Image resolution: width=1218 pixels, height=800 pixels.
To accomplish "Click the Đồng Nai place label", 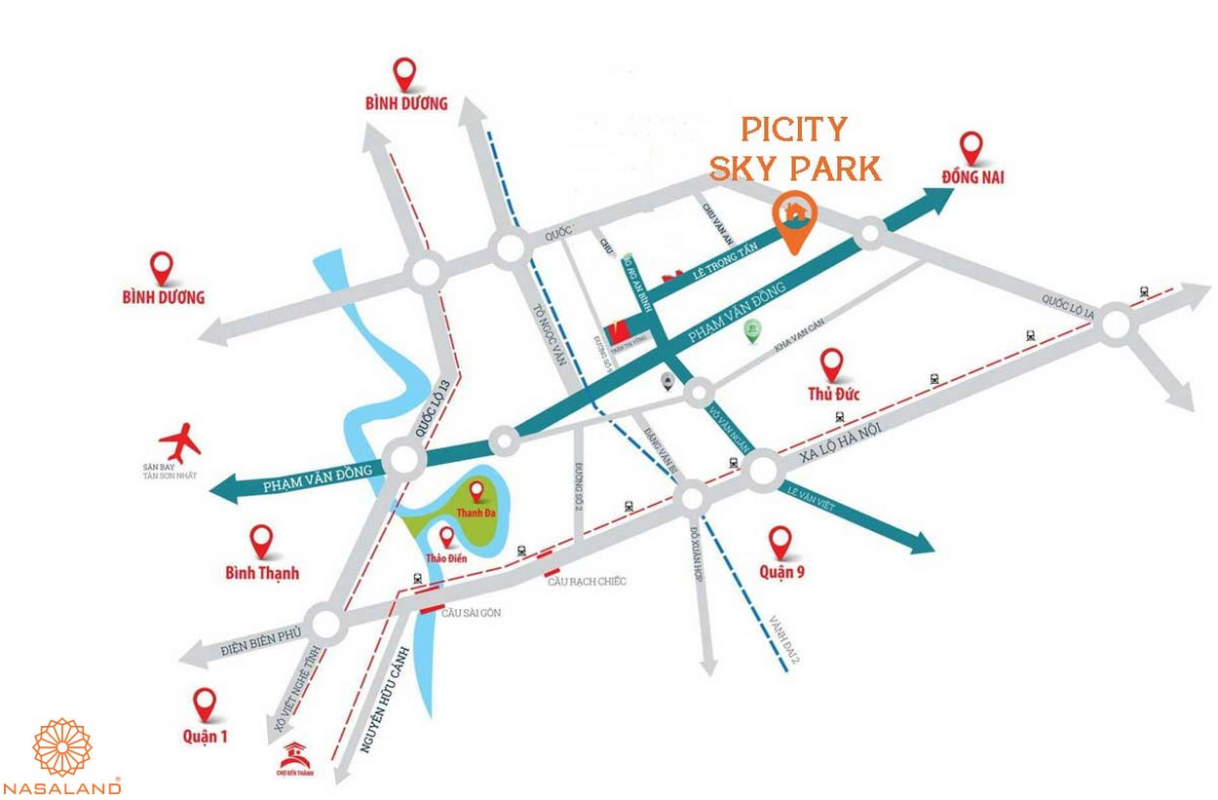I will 971,177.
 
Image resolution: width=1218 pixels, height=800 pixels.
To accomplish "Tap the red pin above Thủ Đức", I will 831,365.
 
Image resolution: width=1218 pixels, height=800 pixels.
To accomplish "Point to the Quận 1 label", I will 205,736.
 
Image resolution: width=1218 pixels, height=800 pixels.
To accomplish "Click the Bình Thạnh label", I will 261,572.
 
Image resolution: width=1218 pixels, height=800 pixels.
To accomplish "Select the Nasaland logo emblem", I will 62,747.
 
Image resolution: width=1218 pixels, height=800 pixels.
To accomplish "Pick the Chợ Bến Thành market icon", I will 292,756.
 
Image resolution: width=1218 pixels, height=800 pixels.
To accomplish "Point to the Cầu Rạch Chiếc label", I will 586,582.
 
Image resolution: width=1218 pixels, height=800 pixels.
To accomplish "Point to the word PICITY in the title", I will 793,128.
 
